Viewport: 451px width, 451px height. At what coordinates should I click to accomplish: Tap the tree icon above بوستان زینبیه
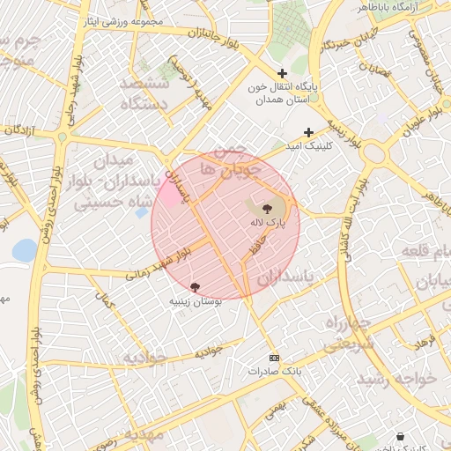[x=195, y=287]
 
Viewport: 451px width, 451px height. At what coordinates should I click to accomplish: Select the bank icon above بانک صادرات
[x=274, y=358]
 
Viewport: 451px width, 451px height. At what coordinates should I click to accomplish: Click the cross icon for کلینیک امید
[x=308, y=132]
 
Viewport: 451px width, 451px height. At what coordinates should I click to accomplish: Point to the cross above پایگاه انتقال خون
[x=282, y=74]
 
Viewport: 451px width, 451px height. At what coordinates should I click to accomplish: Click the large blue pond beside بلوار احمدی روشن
[x=25, y=251]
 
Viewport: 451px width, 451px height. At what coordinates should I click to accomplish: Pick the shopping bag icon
[x=402, y=436]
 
